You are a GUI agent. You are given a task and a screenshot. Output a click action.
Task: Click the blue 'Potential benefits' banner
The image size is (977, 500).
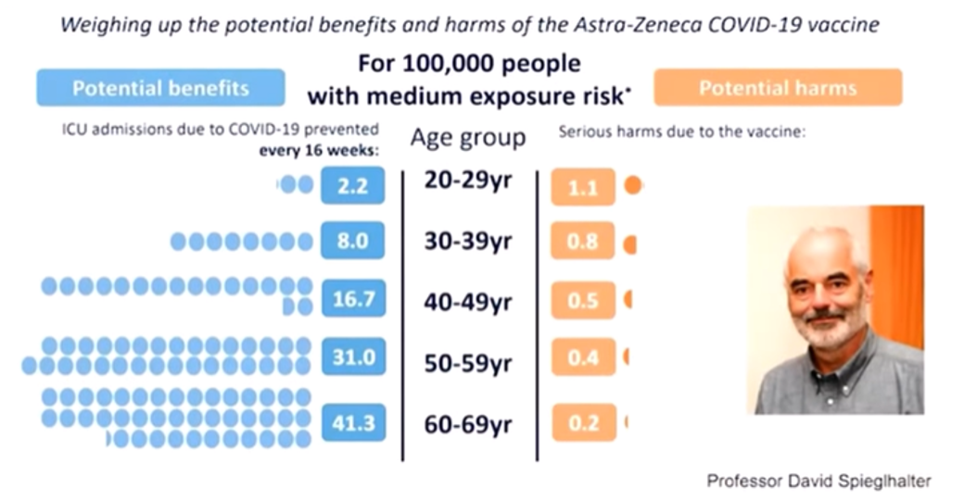point(160,89)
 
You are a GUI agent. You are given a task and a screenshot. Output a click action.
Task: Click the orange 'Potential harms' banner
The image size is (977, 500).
point(777,89)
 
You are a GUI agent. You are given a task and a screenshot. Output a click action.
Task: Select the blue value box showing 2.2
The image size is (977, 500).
point(352,186)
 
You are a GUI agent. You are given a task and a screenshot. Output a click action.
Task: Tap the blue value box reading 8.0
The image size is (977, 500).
point(352,242)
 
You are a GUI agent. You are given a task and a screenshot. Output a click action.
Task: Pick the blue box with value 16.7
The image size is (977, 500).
point(352,300)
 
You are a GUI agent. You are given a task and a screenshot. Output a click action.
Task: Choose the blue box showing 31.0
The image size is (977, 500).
point(352,356)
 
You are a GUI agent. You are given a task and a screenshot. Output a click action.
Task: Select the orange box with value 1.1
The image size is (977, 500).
point(582,187)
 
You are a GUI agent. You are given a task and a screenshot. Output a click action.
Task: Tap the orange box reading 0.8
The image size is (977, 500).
point(582,244)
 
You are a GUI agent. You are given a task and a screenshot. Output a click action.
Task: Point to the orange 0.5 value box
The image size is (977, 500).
point(582,301)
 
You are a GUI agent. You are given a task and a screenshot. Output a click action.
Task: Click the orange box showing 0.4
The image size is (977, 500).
point(582,356)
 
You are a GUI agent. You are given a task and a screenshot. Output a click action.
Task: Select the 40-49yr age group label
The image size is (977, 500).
point(468,301)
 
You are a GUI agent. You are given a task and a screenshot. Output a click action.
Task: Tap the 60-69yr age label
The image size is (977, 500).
point(468,425)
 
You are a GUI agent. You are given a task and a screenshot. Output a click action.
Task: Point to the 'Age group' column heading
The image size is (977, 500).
point(468,139)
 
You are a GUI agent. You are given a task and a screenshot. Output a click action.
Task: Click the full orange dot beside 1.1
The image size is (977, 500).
point(633,186)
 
